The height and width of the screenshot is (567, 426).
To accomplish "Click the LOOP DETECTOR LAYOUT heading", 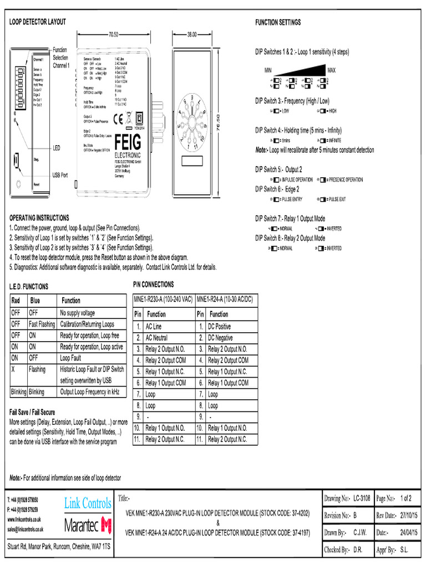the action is (x=38, y=22).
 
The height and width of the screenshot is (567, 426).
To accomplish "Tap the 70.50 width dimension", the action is (x=114, y=34).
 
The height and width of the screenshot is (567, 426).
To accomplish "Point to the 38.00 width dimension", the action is (x=191, y=34).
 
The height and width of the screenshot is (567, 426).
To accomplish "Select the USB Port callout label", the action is (x=60, y=175).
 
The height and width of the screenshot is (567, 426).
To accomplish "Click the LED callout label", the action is (x=56, y=148).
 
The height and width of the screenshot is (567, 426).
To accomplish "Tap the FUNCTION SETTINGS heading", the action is (x=278, y=23).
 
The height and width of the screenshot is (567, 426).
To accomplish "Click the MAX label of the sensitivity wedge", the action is (x=332, y=70).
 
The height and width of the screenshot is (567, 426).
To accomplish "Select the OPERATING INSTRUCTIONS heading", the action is (x=39, y=218).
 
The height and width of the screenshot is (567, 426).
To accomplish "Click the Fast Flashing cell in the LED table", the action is (x=42, y=324).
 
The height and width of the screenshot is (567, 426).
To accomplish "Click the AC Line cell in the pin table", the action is (x=154, y=327).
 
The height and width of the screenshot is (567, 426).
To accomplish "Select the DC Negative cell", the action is (x=220, y=338).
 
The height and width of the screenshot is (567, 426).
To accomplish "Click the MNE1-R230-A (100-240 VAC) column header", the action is (x=163, y=299).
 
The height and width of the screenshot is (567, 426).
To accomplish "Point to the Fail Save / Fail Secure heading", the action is (x=32, y=413).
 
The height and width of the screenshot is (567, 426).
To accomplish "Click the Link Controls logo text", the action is (x=88, y=503).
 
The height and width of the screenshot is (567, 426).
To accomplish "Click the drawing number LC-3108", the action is (x=361, y=498).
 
